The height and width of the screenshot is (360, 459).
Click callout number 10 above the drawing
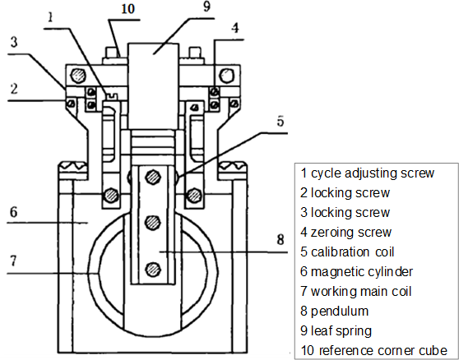pyautogui.click(x=128, y=8)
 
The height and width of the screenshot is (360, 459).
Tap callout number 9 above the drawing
pyautogui.click(x=206, y=7)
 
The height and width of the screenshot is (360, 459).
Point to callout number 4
pyautogui.click(x=235, y=28)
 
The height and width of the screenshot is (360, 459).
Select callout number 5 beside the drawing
pyautogui.click(x=280, y=121)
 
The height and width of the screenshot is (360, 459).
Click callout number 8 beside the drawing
pyautogui.click(x=280, y=239)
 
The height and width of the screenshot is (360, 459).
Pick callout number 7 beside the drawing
pyautogui.click(x=14, y=261)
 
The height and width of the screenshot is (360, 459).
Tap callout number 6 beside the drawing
pyautogui.click(x=14, y=212)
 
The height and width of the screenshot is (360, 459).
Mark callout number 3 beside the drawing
pyautogui.click(x=14, y=42)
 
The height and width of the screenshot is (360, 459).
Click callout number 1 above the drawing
pyautogui.click(x=50, y=16)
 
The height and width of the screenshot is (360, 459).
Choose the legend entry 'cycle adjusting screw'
pyautogui.click(x=368, y=173)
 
